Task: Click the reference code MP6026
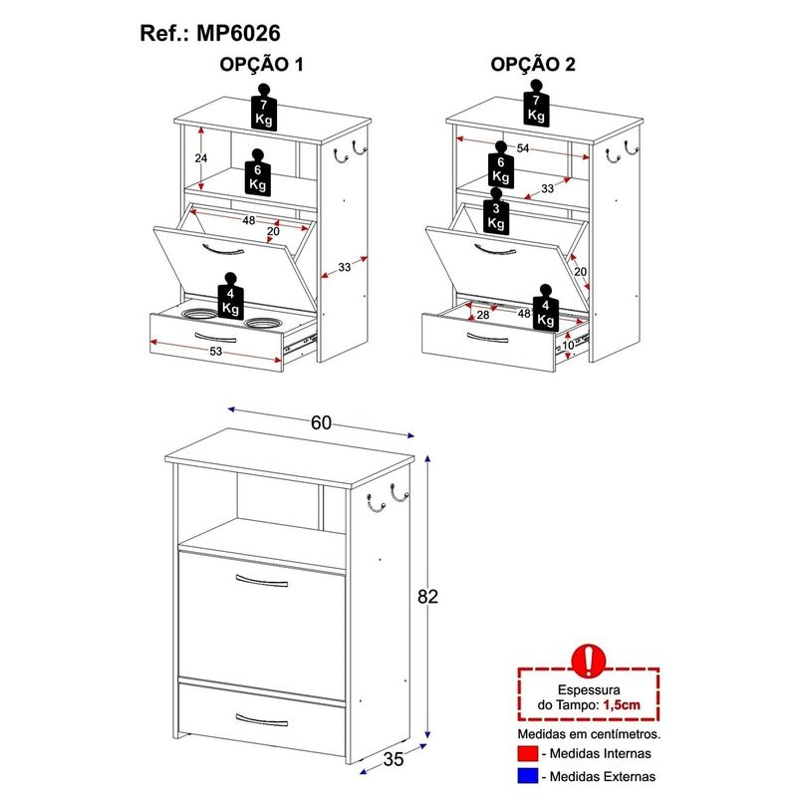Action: pos(238,34)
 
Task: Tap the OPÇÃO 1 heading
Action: pos(261,65)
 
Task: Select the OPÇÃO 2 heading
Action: pos(533,65)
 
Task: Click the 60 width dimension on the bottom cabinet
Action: pos(321,422)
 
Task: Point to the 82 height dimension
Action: pos(427,596)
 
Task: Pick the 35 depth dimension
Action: pos(394,759)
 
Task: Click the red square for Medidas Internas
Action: pos(528,753)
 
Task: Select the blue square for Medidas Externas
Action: pos(528,776)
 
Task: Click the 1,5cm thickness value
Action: pos(622,705)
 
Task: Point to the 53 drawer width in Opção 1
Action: pos(216,352)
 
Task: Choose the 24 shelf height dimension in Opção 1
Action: pos(201,158)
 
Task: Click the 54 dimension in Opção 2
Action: pos(523,147)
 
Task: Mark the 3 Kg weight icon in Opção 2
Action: pos(496,211)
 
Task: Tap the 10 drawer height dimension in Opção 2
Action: pos(568,345)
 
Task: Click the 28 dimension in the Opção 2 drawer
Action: pos(483,315)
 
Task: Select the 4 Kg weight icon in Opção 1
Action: pos(231,296)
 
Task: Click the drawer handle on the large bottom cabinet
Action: pos(262,719)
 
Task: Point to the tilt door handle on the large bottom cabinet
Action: pos(262,581)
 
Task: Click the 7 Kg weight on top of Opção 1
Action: pos(264,108)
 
